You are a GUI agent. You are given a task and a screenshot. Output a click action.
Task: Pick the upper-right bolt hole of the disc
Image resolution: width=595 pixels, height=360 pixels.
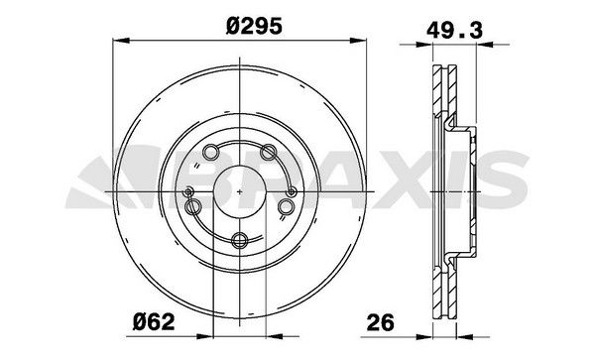[x=268, y=151]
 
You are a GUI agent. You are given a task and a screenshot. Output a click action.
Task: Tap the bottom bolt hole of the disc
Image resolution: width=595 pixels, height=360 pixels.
[x=241, y=237]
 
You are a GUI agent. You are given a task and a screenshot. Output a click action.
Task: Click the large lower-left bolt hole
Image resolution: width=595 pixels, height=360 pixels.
[x=194, y=205]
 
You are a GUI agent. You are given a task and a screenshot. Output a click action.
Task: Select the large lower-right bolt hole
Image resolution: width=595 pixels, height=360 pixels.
[x=287, y=205]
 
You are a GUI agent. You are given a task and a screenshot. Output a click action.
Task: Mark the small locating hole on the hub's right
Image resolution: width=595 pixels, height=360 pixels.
[x=291, y=191]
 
